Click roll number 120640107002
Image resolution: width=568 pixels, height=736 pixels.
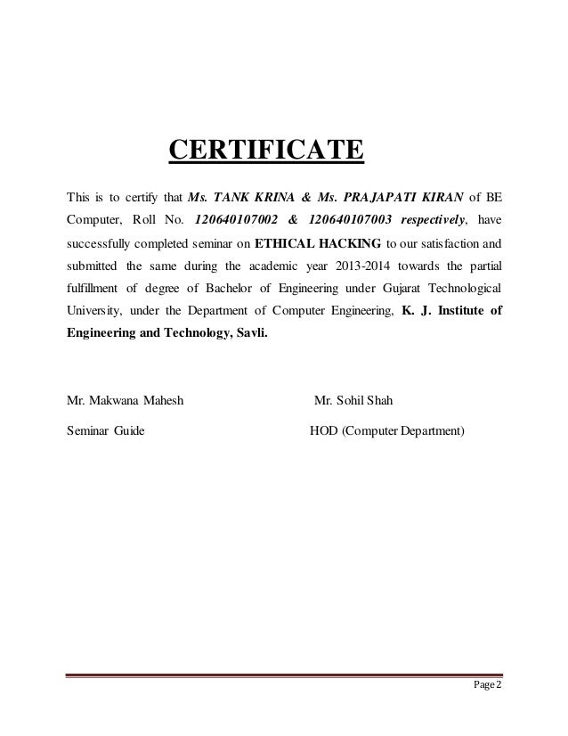(240, 219)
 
